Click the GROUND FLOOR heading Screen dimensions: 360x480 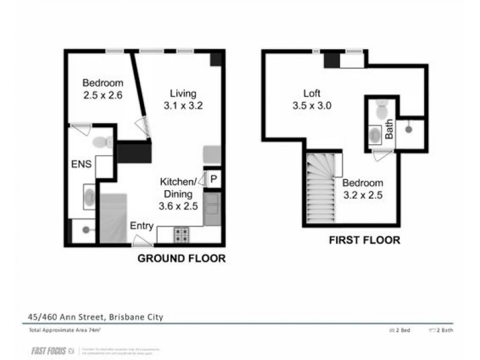[x=181, y=259]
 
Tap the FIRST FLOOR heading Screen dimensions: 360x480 [x=364, y=240]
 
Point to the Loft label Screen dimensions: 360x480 [x=311, y=94]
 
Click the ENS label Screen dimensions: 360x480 [x=82, y=163]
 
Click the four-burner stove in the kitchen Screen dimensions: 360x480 [x=181, y=235]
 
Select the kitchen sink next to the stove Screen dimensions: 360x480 [x=212, y=208]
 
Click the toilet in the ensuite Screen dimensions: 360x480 [x=103, y=142]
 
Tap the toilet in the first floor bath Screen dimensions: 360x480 [x=382, y=110]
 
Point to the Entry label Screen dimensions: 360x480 [x=142, y=226]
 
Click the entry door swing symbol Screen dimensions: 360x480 [x=142, y=241]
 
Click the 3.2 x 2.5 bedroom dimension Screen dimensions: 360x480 [x=363, y=195]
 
